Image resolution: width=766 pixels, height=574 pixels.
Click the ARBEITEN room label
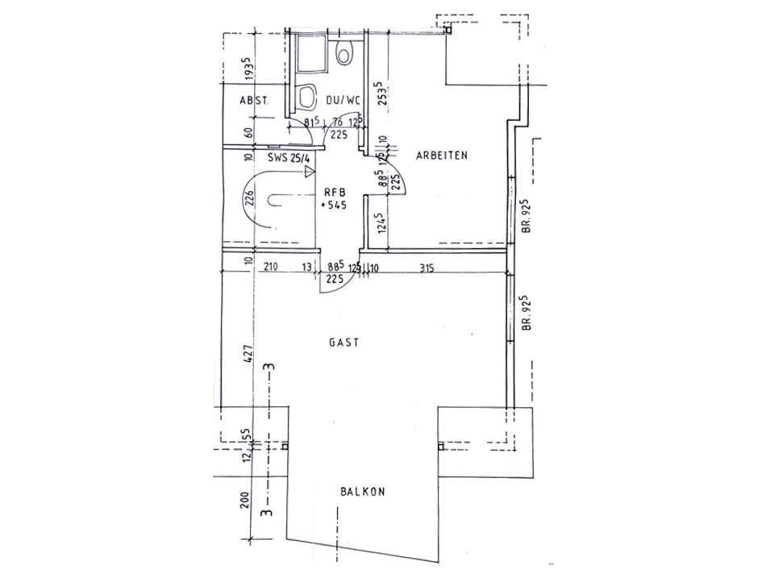point(442,155)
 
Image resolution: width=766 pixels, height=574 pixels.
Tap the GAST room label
point(343,342)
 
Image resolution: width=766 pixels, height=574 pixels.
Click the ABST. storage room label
point(253,101)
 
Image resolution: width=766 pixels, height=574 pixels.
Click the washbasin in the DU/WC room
point(306,98)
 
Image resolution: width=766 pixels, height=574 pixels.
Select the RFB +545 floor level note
point(335,198)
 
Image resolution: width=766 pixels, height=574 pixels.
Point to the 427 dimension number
point(249,356)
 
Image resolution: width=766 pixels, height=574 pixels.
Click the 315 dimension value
point(427,269)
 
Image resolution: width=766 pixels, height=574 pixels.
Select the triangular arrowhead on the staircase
point(309,170)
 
